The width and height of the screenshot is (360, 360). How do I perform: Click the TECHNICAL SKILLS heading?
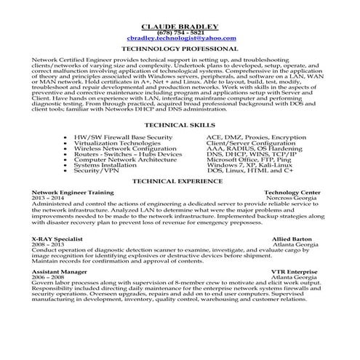click(x=180, y=125)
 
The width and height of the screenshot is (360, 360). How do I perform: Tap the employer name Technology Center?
click(x=295, y=192)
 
